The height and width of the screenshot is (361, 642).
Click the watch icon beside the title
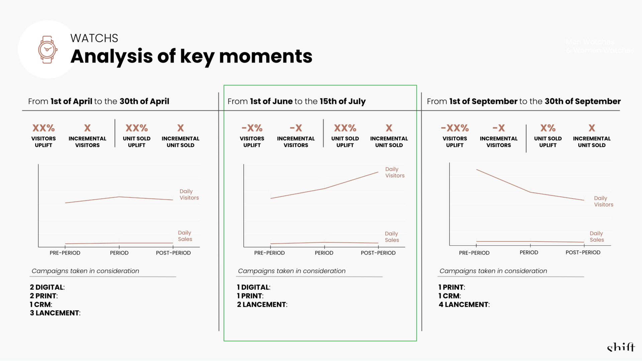pyautogui.click(x=47, y=49)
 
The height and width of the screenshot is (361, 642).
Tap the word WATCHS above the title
pyautogui.click(x=94, y=38)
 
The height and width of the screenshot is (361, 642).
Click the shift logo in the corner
pyautogui.click(x=621, y=348)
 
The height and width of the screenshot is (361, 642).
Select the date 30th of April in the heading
pyautogui.click(x=144, y=101)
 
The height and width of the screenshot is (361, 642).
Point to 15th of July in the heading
pyautogui.click(x=342, y=101)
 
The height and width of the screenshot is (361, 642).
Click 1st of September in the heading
pyautogui.click(x=483, y=101)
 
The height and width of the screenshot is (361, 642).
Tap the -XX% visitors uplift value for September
pyautogui.click(x=454, y=128)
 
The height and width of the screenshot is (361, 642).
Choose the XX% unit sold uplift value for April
pyautogui.click(x=136, y=128)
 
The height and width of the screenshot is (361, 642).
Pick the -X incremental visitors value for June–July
pyautogui.click(x=296, y=128)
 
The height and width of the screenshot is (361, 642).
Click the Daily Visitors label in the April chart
pyautogui.click(x=189, y=195)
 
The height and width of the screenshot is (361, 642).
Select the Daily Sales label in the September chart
pyautogui.click(x=597, y=236)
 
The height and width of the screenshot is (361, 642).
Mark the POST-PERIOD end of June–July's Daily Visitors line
pyautogui.click(x=378, y=172)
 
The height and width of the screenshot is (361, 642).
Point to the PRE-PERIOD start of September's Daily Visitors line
pyautogui.click(x=476, y=170)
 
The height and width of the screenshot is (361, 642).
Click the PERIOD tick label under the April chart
pyautogui.click(x=119, y=253)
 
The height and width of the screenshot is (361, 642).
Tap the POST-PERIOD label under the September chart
pyautogui.click(x=583, y=252)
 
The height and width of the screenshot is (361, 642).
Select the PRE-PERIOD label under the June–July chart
pyautogui.click(x=269, y=253)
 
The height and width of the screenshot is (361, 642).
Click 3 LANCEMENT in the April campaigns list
pyautogui.click(x=55, y=313)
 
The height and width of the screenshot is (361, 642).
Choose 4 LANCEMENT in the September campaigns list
pyautogui.click(x=464, y=305)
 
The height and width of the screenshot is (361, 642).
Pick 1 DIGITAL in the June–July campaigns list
pyautogui.click(x=253, y=287)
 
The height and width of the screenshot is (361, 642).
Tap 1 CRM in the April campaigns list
pyautogui.click(x=41, y=305)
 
